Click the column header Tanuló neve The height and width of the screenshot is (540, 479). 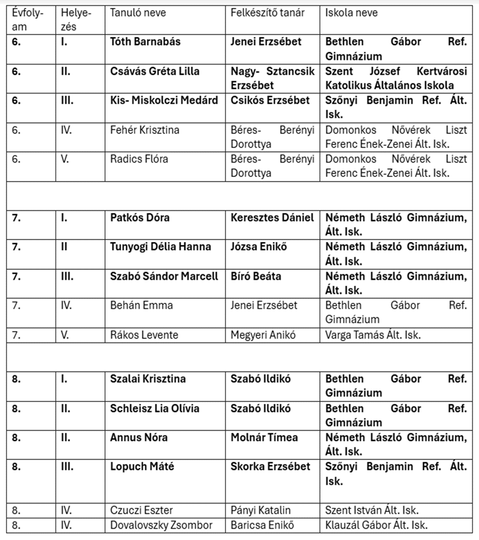pos(138,13)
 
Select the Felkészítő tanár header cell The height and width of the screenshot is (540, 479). pos(267,13)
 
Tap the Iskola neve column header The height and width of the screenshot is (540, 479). pos(351,13)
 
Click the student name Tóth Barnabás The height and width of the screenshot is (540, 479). pos(145,42)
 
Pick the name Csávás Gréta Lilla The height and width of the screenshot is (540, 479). pos(155,71)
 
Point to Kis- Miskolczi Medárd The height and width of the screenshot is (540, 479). pos(164,100)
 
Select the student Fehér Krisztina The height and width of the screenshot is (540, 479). pos(145,130)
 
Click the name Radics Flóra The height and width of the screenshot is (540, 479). pos(139,159)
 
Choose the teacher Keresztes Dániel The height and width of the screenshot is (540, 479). pos(272,218)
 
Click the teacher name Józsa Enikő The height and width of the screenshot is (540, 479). pos(259,247)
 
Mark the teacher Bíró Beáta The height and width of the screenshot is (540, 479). pos(256,276)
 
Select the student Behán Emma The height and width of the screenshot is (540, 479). pos(141,305)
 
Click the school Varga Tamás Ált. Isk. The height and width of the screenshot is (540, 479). pos(373,335)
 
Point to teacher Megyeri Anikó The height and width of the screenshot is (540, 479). pos(263,335)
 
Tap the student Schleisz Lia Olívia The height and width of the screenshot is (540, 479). pos(155,408)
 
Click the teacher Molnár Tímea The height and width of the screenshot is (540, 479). pos(264,437)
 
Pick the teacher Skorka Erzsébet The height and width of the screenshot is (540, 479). pos(270,467)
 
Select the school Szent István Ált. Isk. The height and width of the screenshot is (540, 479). pos(372,511)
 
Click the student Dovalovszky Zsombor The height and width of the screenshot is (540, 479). pos(161,525)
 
